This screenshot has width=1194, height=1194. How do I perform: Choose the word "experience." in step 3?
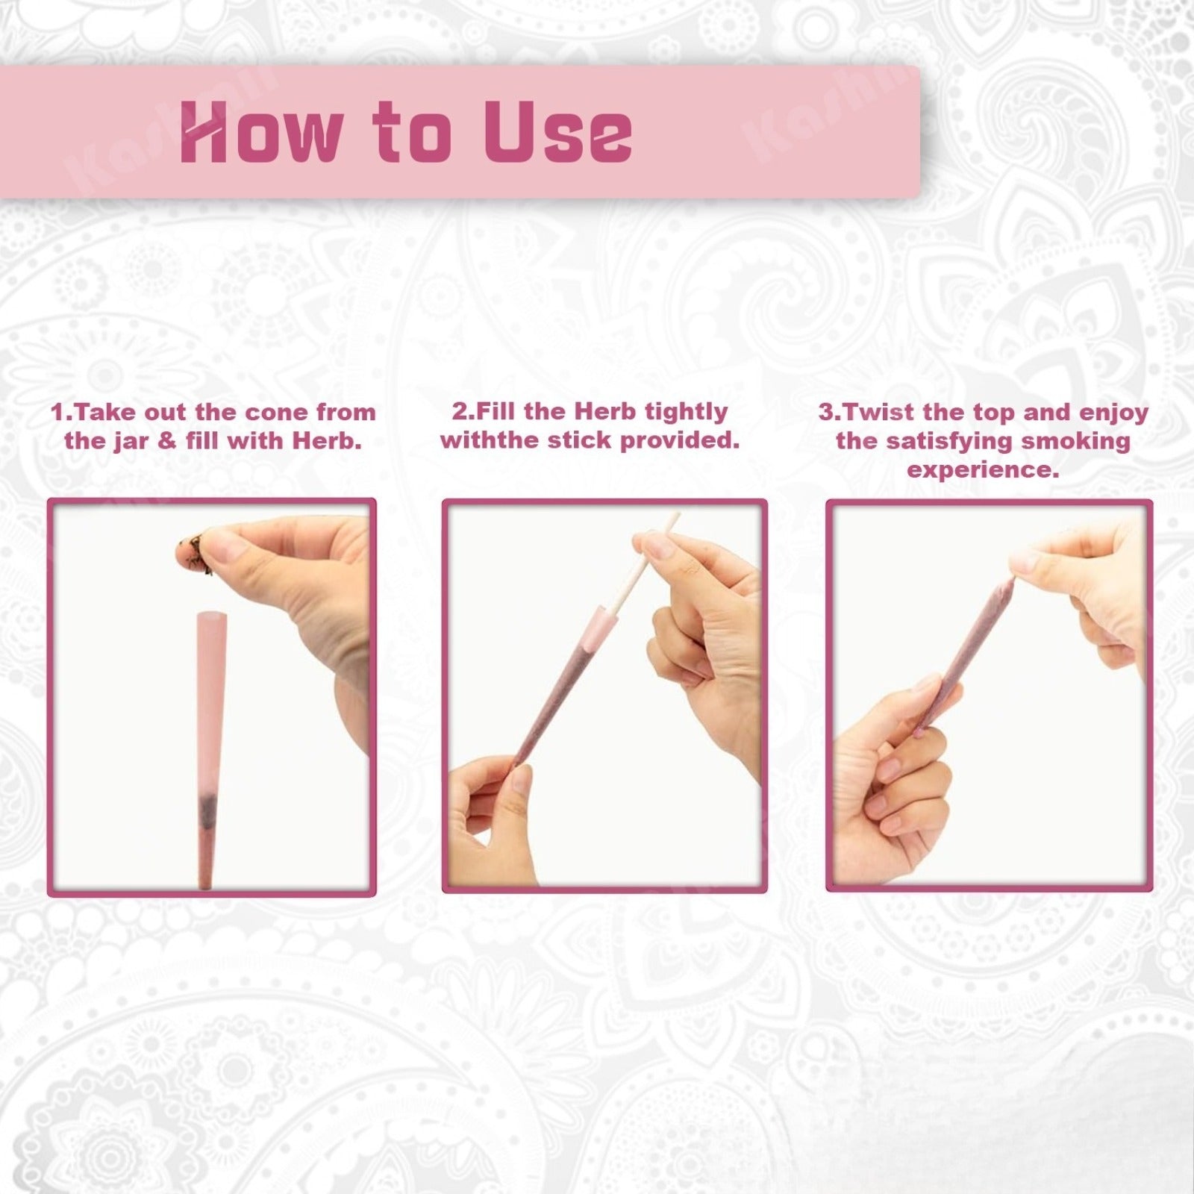(x=983, y=470)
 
